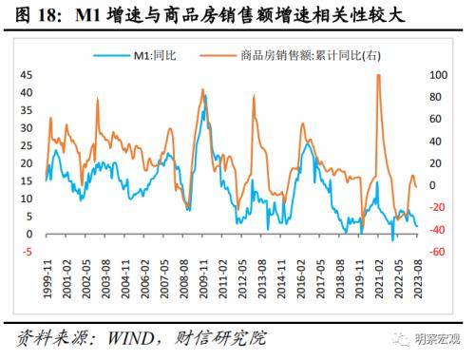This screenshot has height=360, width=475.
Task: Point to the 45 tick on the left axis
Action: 28,73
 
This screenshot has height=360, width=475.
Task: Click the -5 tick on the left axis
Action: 28,252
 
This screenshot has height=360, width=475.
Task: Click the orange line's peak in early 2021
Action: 378,75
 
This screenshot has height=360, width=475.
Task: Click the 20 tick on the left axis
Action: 28,162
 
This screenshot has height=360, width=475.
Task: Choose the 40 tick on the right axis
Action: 437,141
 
